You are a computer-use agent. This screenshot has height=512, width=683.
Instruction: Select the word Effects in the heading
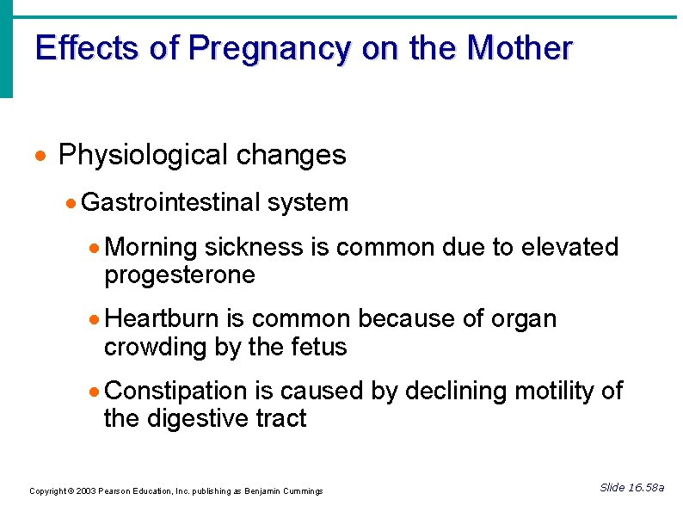tap(87, 47)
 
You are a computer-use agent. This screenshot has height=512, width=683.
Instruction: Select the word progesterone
tap(180, 275)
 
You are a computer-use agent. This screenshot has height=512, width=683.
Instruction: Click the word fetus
tap(317, 347)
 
